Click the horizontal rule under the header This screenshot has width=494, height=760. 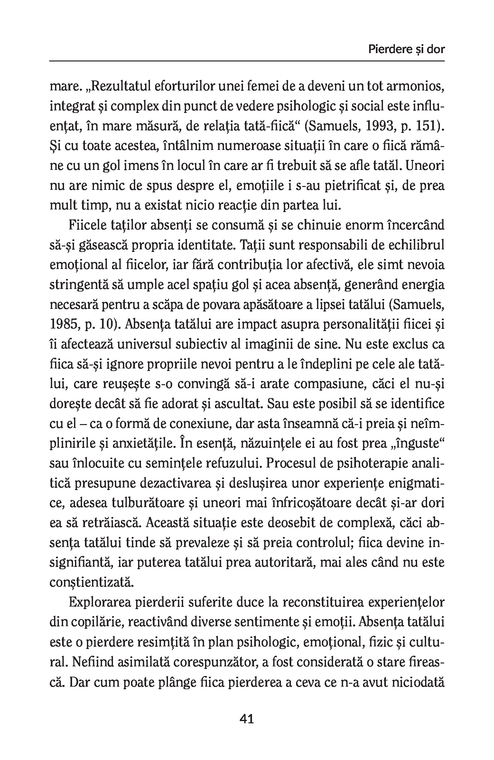point(247,61)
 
